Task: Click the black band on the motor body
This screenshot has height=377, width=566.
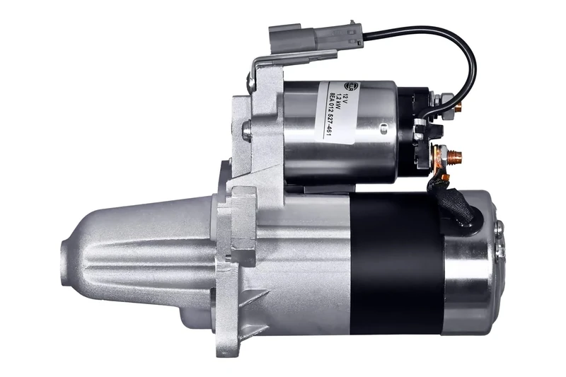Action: pyautogui.click(x=396, y=262)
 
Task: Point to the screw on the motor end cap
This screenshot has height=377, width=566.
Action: pyautogui.click(x=499, y=228)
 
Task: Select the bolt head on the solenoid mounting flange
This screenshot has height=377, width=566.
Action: pyautogui.click(x=246, y=129)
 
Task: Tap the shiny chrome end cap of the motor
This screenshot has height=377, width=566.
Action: pyautogui.click(x=470, y=269)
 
